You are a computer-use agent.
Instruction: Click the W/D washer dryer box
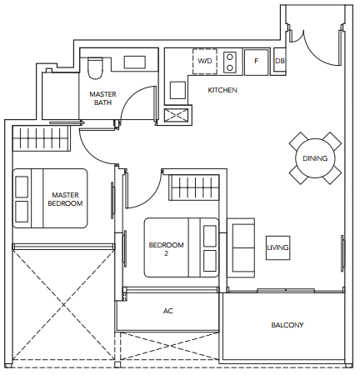pyautogui.click(x=205, y=61)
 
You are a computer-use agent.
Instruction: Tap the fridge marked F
pyautogui.click(x=256, y=62)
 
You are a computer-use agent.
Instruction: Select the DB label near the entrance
pyautogui.click(x=280, y=61)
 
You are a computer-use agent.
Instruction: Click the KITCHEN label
pyautogui.click(x=222, y=90)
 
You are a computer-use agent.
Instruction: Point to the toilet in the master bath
pyautogui.click(x=95, y=68)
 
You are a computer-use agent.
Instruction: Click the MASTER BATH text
pyautogui.click(x=102, y=98)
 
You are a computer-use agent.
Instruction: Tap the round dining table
pyautogui.click(x=315, y=158)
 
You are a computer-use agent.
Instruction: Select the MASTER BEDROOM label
pyautogui.click(x=65, y=199)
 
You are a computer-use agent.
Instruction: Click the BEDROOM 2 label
pyautogui.click(x=166, y=249)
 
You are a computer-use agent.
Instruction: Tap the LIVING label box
pyautogui.click(x=277, y=247)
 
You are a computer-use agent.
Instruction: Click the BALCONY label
pyautogui.click(x=287, y=325)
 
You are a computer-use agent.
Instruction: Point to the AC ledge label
pyautogui.click(x=168, y=311)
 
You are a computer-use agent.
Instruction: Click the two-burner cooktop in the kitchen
pyautogui.click(x=230, y=62)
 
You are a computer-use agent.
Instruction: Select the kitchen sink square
pyautogui.click(x=177, y=90)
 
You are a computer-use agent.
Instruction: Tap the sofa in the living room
pyautogui.click(x=241, y=247)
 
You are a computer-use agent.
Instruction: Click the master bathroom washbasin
pyautogui.click(x=135, y=62)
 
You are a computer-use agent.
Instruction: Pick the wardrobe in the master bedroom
pyautogui.click(x=41, y=138)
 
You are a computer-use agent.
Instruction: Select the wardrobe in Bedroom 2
pyautogui.click(x=194, y=187)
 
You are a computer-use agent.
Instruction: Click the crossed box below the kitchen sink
pyautogui.click(x=176, y=116)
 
